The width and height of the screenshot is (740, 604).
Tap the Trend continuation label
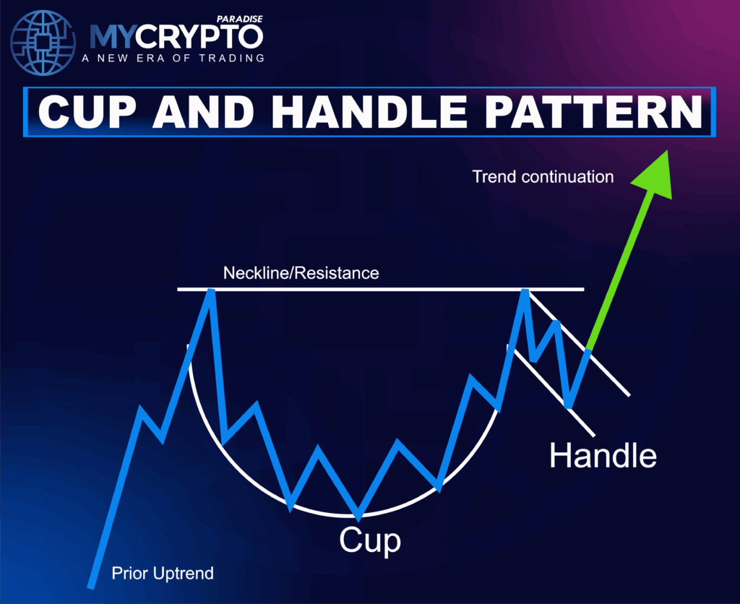click(x=543, y=176)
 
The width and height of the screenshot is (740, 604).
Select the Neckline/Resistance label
click(x=301, y=273)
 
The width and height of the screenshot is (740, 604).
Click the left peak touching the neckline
click(x=210, y=291)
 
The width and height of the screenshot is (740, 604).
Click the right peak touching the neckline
click(x=522, y=291)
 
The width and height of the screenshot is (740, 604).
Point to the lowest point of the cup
click(x=358, y=515)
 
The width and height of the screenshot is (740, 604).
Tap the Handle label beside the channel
click(x=603, y=455)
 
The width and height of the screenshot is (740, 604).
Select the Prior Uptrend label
click(x=163, y=574)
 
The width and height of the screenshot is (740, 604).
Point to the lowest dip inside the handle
click(x=569, y=406)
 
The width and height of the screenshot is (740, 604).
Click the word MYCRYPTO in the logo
click(x=176, y=36)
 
